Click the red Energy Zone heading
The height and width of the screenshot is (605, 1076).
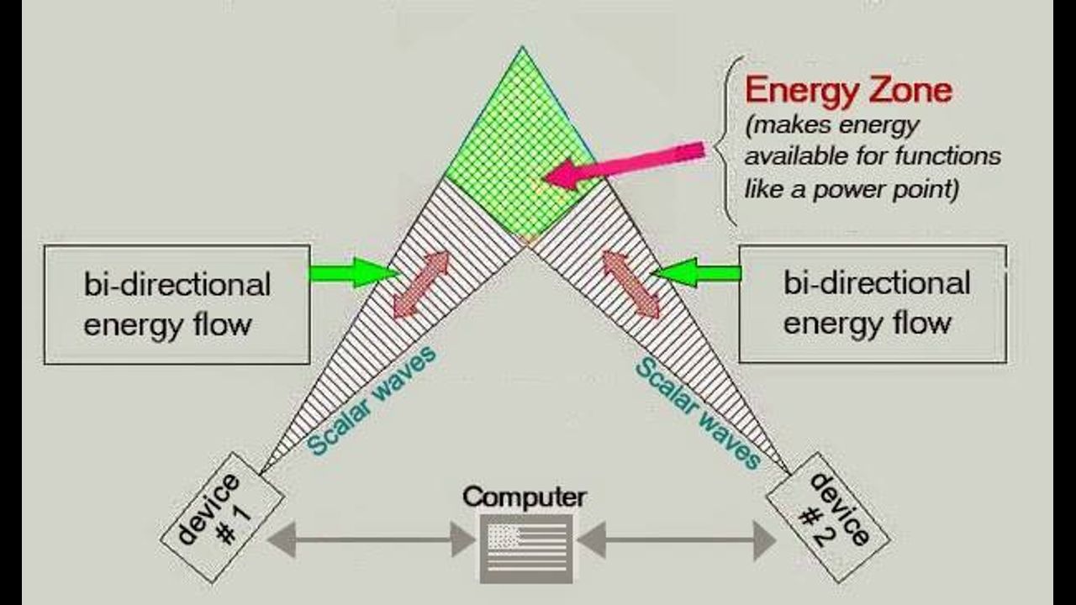[848, 90]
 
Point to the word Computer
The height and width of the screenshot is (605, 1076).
[525, 497]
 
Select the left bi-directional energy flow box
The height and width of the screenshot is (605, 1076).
[177, 304]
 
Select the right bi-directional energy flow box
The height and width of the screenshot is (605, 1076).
[873, 303]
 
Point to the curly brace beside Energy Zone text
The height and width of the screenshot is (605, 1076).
[726, 141]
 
